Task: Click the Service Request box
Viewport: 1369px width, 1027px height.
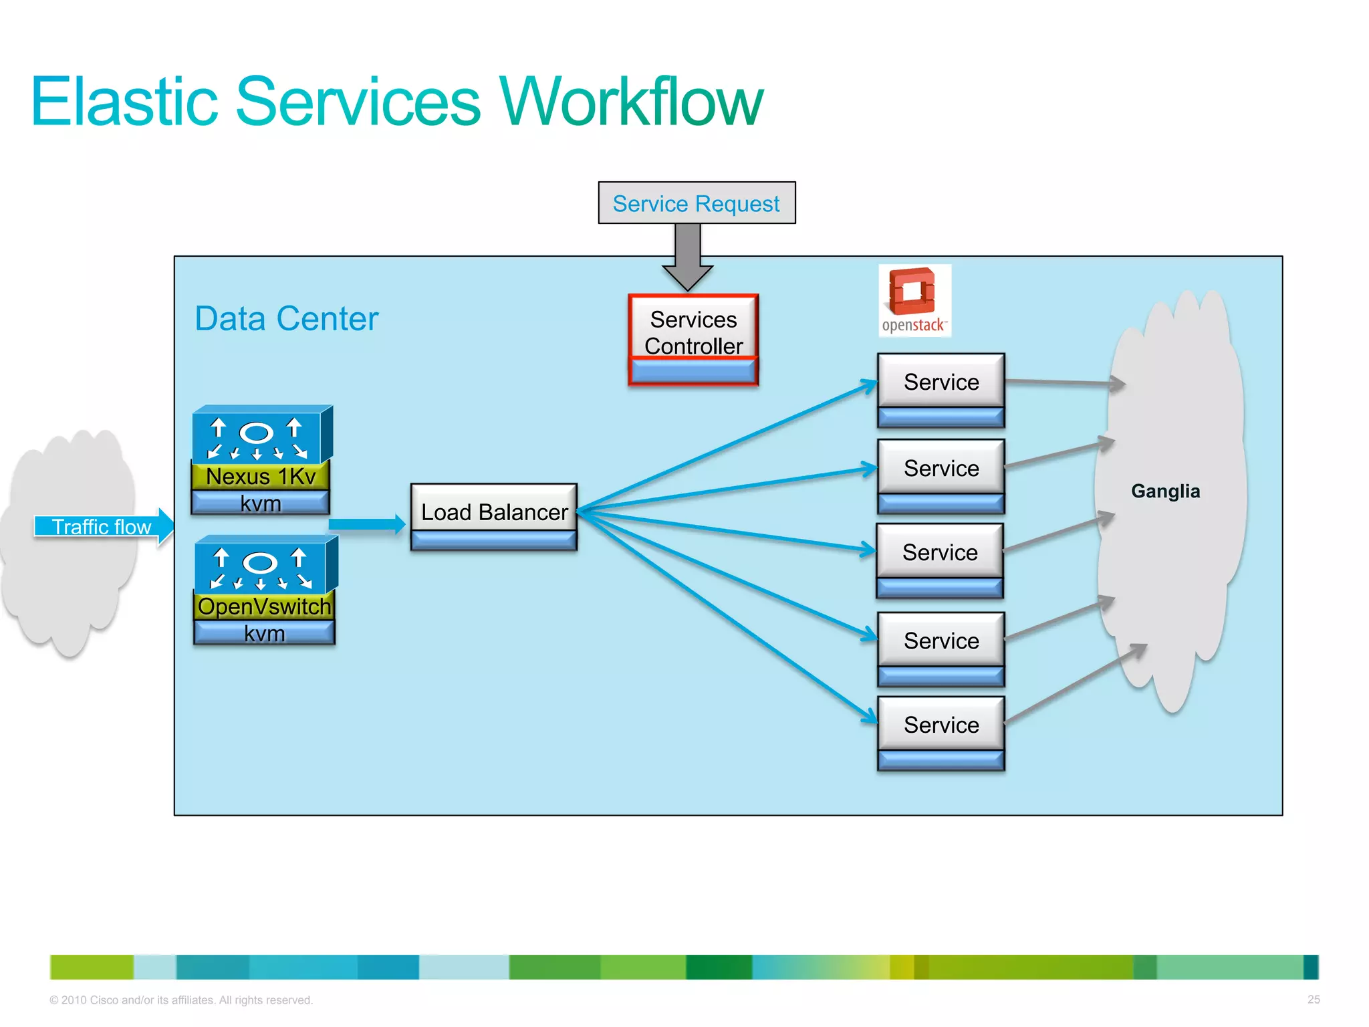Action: tap(696, 203)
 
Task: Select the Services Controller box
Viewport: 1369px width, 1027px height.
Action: tap(693, 333)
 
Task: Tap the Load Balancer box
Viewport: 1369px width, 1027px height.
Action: tap(494, 512)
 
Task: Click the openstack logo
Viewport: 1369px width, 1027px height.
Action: tap(914, 300)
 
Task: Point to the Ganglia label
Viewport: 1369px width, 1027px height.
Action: tap(1165, 491)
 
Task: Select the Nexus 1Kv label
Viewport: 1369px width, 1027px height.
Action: tap(260, 477)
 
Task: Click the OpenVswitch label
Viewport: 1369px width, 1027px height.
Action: tap(264, 606)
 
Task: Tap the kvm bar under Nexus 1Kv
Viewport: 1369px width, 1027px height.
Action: tap(260, 503)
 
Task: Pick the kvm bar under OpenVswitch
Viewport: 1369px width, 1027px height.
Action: tap(264, 633)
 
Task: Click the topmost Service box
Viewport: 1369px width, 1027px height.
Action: tap(941, 382)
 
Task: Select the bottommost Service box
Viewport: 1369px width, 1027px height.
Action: tap(941, 725)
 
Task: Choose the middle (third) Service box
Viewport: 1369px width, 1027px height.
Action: tap(939, 552)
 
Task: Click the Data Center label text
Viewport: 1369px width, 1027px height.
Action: tap(286, 319)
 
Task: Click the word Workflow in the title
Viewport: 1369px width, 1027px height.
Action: tap(631, 102)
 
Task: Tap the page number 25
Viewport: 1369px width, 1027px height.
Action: tap(1313, 1000)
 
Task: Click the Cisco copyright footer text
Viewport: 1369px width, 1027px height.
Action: tap(180, 1000)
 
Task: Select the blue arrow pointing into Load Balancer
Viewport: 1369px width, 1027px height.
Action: tap(367, 524)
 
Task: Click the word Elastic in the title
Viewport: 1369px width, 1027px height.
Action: tap(124, 102)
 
